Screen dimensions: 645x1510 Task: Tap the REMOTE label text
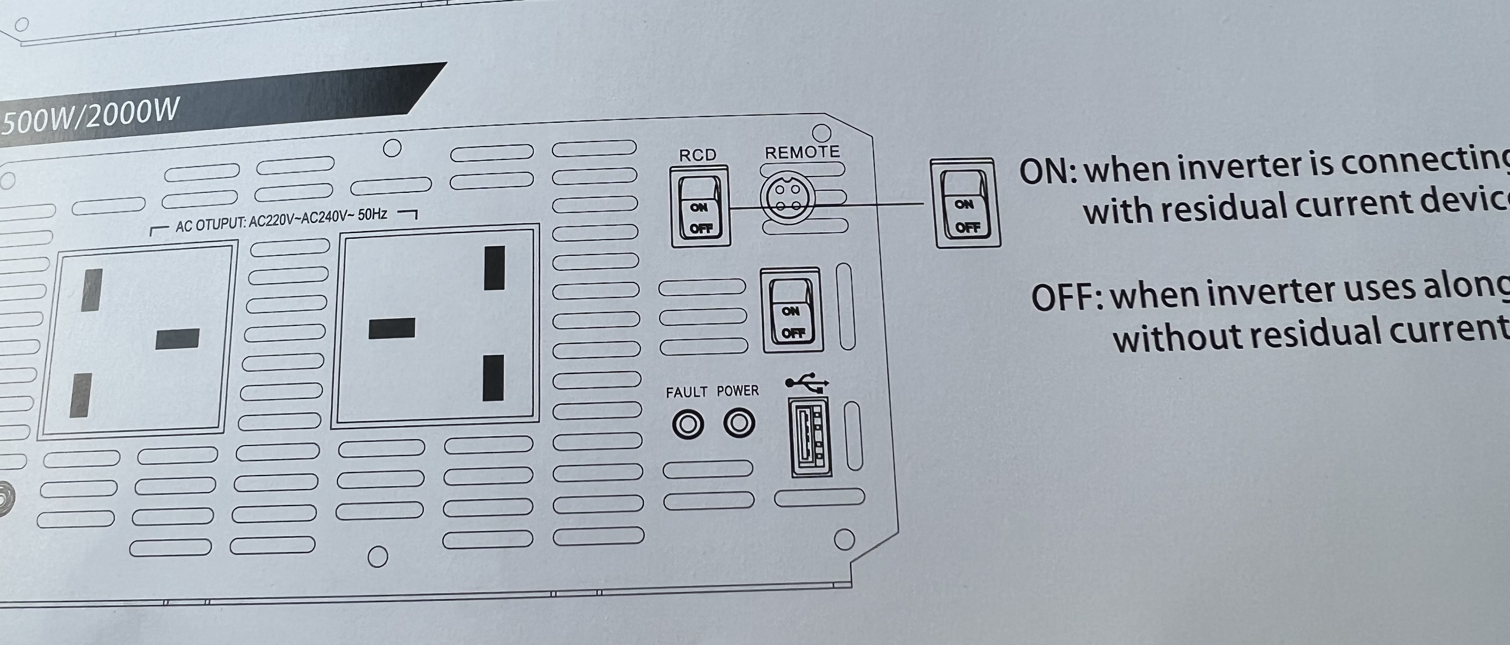click(802, 152)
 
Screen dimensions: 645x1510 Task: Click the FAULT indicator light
click(688, 424)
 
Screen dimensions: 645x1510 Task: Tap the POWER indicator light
click(739, 423)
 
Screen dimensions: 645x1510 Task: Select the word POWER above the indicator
click(737, 391)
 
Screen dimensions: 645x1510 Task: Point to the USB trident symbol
click(807, 382)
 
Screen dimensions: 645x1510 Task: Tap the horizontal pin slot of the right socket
click(392, 328)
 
